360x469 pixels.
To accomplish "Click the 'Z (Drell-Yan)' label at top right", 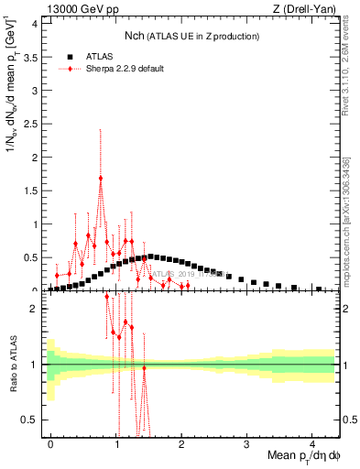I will (303, 10).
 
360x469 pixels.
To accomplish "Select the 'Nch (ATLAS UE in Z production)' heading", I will (192, 36).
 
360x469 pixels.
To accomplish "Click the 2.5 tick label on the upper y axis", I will (34, 124).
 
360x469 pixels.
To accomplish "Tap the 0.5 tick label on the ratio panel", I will (32, 420).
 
